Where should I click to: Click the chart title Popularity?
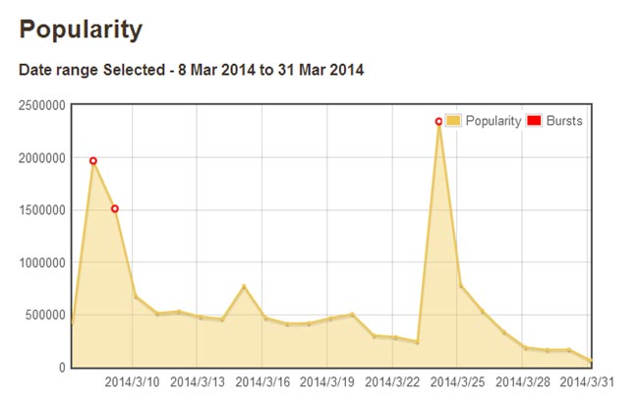(82, 29)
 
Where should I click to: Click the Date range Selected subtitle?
(192, 71)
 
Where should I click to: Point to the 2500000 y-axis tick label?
(41, 105)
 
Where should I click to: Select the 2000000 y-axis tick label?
(41, 157)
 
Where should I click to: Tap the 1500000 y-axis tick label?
(41, 210)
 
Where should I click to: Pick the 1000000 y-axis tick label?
(41, 262)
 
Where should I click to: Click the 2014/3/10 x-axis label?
(133, 381)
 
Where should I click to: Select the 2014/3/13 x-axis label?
(198, 381)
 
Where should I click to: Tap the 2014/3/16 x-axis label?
(262, 381)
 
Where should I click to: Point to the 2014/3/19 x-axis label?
(327, 381)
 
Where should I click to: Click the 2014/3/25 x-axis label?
(458, 381)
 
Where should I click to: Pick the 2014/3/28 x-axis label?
(523, 381)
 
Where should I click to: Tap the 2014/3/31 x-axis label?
(588, 381)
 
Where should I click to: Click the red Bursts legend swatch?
(535, 121)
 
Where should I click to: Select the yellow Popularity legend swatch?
(453, 121)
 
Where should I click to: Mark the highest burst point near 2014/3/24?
(438, 122)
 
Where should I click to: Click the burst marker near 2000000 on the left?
(93, 160)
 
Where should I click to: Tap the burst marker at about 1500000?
(115, 208)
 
